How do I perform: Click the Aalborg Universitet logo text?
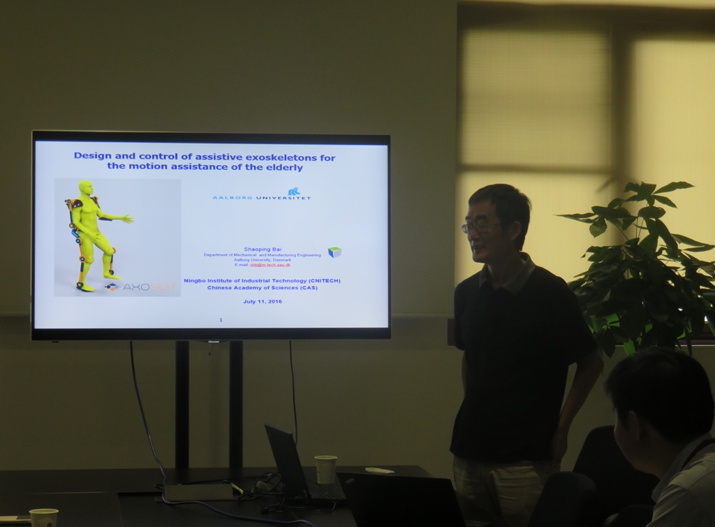[x=261, y=197]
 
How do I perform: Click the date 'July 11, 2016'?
[x=263, y=301]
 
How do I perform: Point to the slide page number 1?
[x=221, y=319]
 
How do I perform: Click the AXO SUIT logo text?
[x=149, y=287]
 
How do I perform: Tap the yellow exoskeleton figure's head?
[x=86, y=188]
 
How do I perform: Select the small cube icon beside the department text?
[x=334, y=252]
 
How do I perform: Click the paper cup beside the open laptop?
[x=325, y=469]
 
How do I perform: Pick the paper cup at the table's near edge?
[x=44, y=518]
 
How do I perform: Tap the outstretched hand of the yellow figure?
[x=127, y=219]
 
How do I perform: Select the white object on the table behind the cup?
[x=379, y=470]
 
